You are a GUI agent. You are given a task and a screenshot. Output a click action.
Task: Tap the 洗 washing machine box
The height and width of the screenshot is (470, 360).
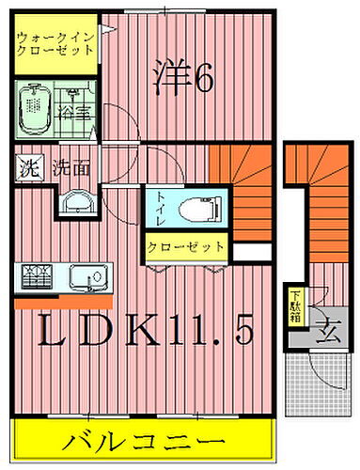[28, 170]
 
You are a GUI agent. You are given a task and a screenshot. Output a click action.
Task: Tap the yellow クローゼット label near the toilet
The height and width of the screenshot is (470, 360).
[186, 248]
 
